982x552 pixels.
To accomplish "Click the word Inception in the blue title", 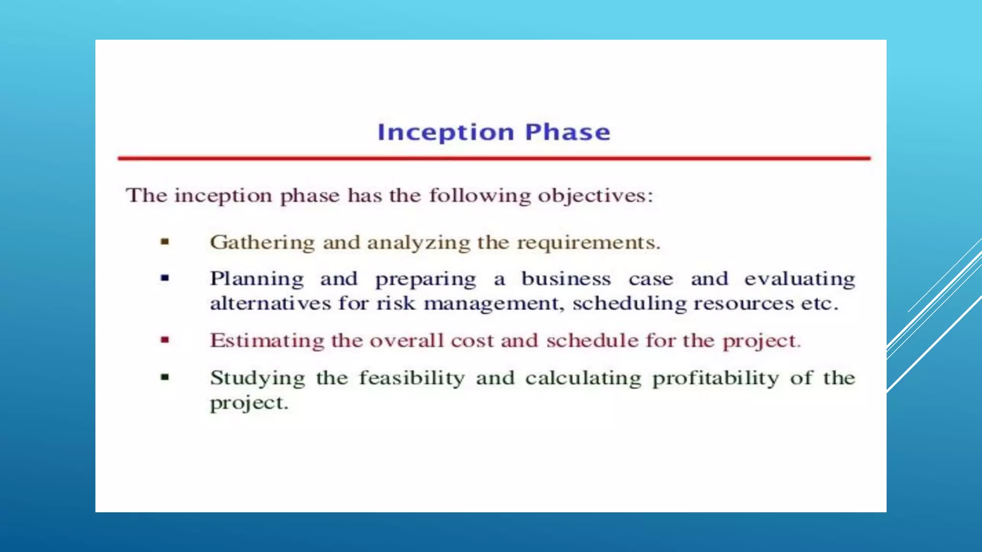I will pos(445,132).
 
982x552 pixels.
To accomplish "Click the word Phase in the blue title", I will pos(568,132).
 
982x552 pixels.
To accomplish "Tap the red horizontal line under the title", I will pos(494,158).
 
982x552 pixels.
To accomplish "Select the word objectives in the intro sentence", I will pos(595,196).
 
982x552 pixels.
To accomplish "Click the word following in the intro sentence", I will pos(479,196).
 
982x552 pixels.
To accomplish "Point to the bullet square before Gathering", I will pos(165,242).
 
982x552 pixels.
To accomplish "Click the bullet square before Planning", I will pos(165,277).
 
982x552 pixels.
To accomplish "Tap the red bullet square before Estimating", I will pos(165,340).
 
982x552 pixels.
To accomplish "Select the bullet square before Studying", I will pos(165,377).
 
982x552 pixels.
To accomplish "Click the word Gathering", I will pos(262,242).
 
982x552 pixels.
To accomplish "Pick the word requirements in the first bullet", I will pos(588,243).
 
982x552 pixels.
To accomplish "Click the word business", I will pos(566,278).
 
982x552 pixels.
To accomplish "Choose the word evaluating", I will pos(799,279).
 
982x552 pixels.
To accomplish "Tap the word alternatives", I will pos(270,303).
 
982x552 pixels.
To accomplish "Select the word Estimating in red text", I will pos(267,341).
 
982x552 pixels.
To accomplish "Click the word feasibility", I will pos(412,378).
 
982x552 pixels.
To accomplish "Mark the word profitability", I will pos(716,378).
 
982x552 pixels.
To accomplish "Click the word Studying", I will pos(257,379).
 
